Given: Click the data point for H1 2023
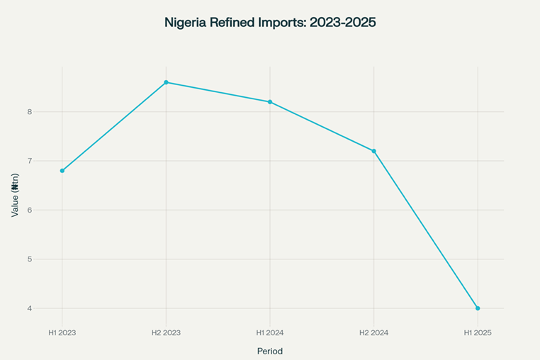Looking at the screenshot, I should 62,171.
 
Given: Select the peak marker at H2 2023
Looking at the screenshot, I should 166,82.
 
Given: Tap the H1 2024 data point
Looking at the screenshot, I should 270,102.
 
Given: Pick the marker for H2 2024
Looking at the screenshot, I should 373,151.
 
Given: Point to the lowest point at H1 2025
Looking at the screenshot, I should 478,308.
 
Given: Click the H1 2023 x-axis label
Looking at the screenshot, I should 62,332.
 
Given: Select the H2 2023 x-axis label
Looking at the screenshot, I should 166,332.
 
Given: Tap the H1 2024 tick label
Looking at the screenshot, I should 270,332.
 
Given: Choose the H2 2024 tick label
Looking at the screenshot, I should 373,332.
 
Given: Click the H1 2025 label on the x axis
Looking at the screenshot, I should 478,332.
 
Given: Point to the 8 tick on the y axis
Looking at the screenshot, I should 30,112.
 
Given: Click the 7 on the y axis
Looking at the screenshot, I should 30,161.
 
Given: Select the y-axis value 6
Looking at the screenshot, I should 30,210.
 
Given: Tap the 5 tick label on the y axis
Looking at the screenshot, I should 30,259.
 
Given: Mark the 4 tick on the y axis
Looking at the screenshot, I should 30,309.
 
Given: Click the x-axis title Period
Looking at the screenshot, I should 269,351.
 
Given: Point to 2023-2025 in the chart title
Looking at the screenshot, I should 343,23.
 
